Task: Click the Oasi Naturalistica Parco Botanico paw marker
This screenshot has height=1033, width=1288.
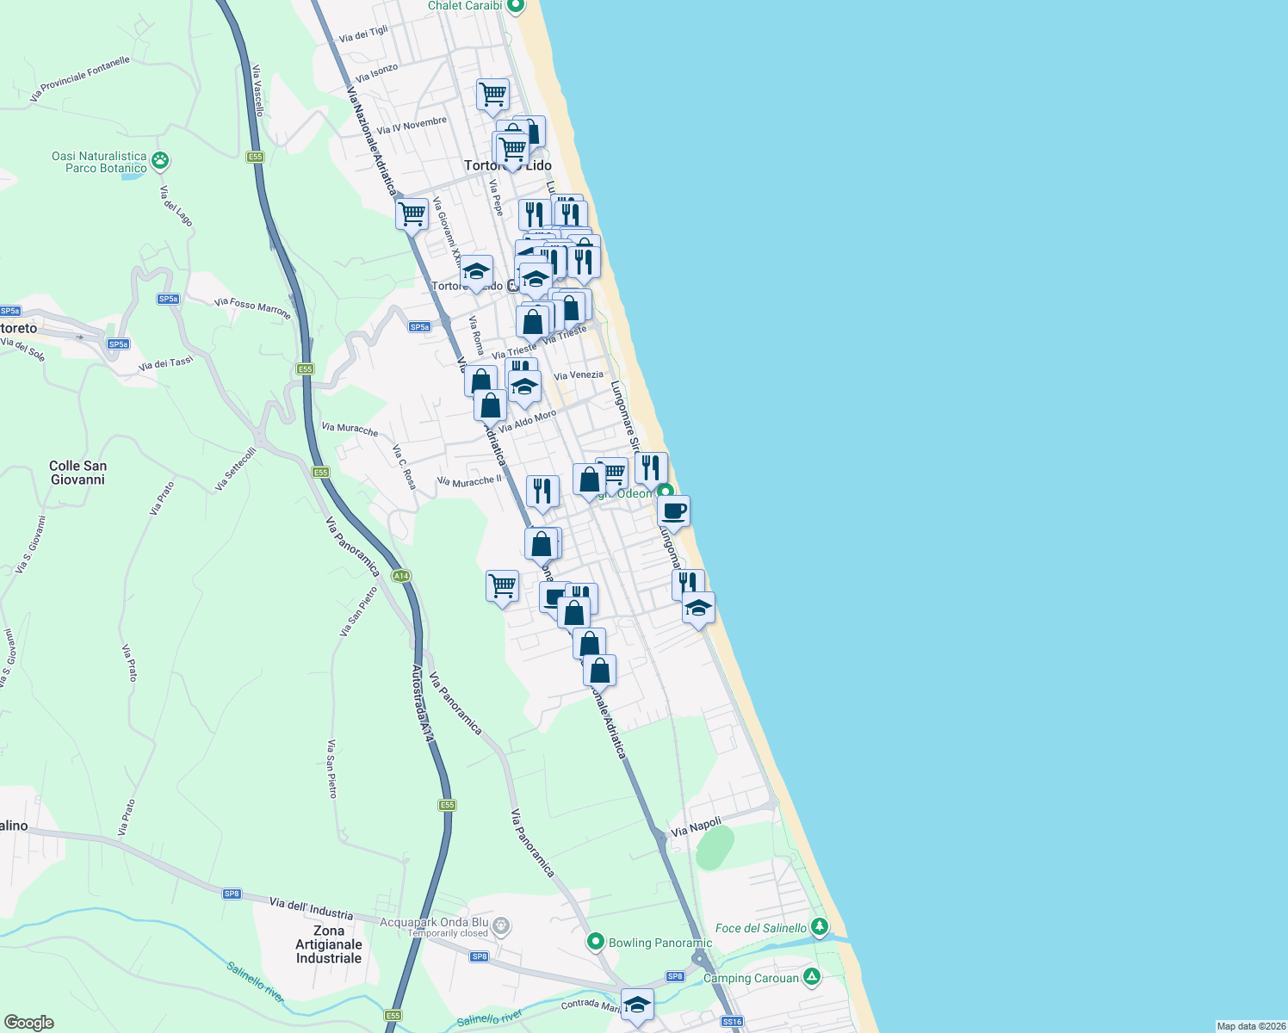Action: point(160,160)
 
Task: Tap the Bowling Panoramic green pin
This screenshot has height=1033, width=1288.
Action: point(595,942)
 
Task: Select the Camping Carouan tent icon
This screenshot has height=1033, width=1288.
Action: point(811,977)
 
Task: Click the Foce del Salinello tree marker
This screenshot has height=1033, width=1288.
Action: point(820,927)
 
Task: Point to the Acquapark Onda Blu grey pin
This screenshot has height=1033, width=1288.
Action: point(502,927)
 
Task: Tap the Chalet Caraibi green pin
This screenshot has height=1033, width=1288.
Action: point(516,6)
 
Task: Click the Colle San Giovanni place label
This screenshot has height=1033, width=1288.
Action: point(77,473)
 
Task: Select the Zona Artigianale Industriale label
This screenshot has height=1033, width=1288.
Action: point(329,944)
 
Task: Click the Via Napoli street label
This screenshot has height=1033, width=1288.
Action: point(696,826)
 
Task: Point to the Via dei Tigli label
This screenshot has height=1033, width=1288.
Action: point(363,34)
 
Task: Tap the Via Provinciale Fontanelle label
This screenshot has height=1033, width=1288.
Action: point(79,78)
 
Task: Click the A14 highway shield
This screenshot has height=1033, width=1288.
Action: point(400,576)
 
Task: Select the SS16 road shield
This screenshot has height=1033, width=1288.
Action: point(732,1022)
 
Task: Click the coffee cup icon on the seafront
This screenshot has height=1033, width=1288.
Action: point(674,510)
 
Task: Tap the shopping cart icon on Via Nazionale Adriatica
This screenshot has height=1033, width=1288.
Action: point(412,213)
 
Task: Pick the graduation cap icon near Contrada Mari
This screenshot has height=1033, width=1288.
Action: point(637,1005)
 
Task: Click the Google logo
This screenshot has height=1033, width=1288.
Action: point(28,1023)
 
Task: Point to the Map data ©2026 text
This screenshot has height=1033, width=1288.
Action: point(1251,1026)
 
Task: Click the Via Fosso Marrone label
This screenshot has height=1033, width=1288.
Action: point(252,306)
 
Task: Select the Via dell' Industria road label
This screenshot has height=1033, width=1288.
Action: point(311,907)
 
